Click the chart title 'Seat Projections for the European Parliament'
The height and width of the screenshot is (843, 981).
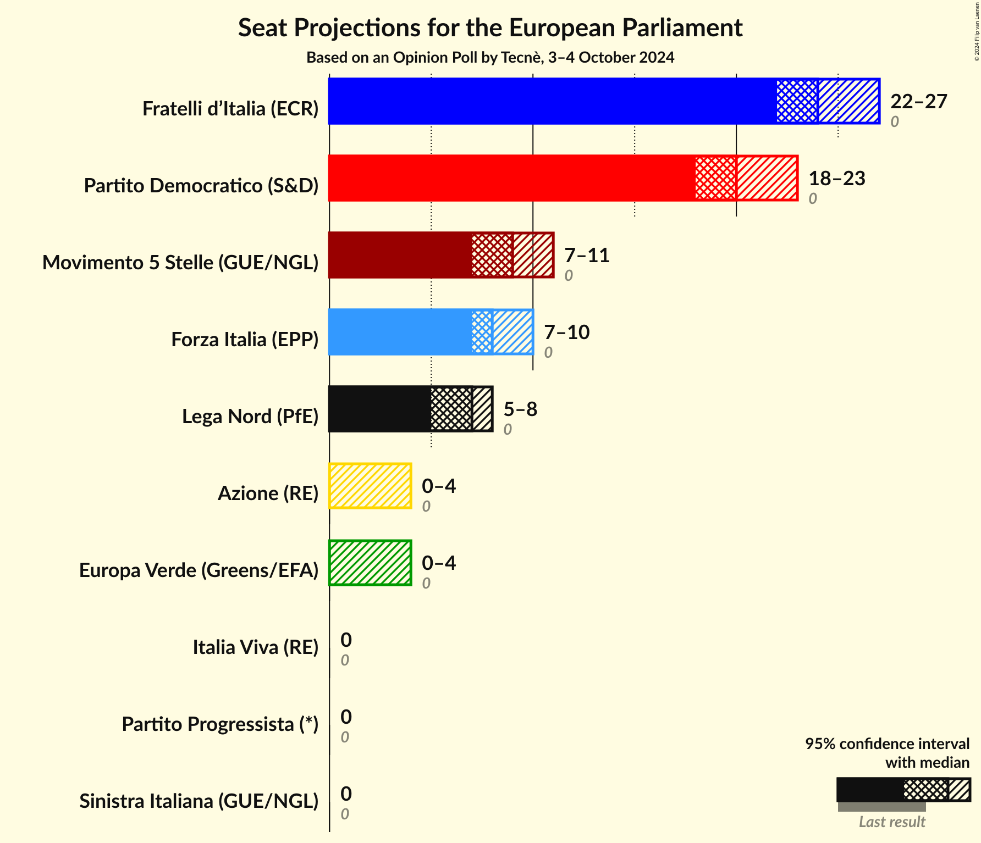(x=490, y=28)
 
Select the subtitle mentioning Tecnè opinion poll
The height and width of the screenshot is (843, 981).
(x=490, y=58)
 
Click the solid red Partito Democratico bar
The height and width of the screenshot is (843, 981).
(x=511, y=178)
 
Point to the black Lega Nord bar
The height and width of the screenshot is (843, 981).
(x=379, y=409)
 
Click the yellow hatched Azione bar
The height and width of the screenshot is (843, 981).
(x=370, y=486)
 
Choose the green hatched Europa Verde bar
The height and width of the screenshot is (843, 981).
(x=370, y=563)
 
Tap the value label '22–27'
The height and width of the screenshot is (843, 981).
(x=918, y=102)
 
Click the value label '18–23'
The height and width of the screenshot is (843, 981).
(x=836, y=179)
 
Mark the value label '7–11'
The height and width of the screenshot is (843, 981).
(x=587, y=256)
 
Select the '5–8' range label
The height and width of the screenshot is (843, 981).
(x=520, y=409)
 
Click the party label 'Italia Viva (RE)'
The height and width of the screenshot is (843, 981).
(x=255, y=647)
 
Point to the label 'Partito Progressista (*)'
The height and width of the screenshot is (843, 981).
(x=220, y=724)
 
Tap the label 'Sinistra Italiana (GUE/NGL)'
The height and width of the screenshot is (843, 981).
(x=199, y=801)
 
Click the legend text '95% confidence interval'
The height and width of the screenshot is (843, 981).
(x=887, y=744)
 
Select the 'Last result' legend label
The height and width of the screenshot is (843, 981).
(x=891, y=822)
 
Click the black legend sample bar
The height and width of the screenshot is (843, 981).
(x=869, y=790)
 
